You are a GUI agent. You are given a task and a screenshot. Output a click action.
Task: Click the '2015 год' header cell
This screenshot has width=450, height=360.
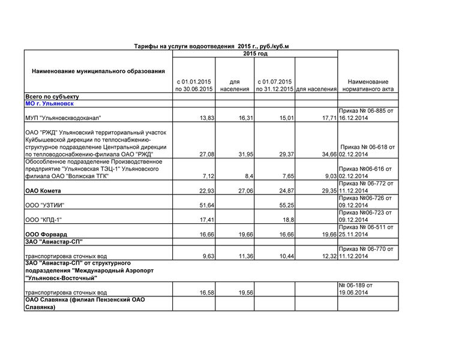point(255,54)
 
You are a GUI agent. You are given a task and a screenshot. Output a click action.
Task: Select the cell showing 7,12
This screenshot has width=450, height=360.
point(207,176)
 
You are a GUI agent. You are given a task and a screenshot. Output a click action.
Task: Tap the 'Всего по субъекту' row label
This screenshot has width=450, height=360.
point(52,97)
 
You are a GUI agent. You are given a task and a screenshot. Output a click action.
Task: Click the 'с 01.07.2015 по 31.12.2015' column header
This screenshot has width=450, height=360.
point(274,85)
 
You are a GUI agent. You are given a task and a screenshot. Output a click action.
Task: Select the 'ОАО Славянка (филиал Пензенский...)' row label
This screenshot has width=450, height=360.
point(85,303)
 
